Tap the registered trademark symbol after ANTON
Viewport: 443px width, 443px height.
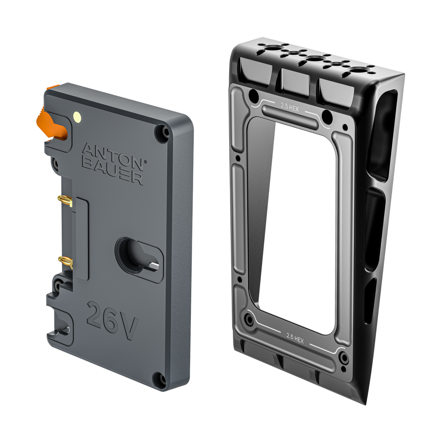click(x=146, y=160)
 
